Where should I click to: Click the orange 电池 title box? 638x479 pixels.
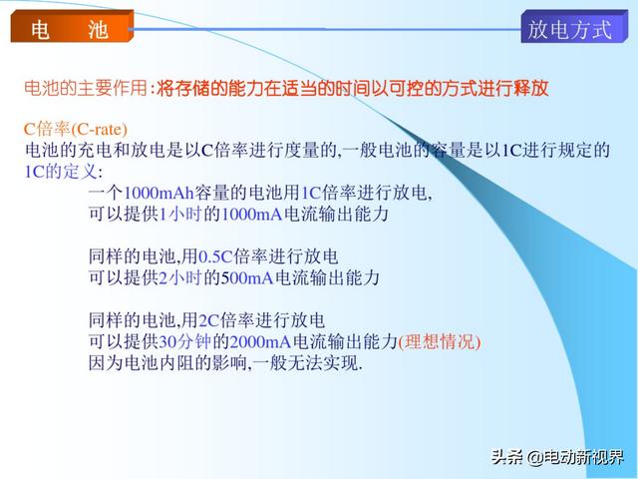(x=72, y=26)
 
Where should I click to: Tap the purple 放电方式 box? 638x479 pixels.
(x=574, y=27)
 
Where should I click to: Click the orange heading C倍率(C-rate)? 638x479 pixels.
(x=76, y=129)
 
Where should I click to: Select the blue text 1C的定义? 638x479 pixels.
(x=61, y=172)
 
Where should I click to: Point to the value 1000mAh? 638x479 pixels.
(x=159, y=193)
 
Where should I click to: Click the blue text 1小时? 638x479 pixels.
(x=180, y=215)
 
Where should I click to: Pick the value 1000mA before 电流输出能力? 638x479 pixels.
(x=252, y=215)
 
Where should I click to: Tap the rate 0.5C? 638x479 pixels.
(x=215, y=256)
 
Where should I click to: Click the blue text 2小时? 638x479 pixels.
(x=180, y=277)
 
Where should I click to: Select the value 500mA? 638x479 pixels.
(x=247, y=277)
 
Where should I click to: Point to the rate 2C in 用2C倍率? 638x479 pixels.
(x=209, y=320)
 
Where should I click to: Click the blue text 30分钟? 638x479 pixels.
(x=184, y=341)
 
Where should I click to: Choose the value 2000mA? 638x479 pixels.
(x=261, y=341)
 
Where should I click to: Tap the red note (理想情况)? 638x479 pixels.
(x=440, y=341)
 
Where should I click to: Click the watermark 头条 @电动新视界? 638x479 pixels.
(x=557, y=457)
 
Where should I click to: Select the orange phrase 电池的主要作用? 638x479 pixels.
(x=86, y=88)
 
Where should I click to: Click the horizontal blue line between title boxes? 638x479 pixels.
(x=325, y=29)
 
